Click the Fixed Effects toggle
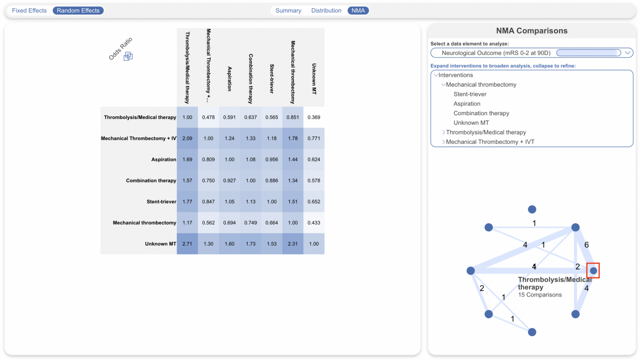[x=29, y=10]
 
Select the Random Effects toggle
[x=78, y=10]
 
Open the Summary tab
[x=288, y=10]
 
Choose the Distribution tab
[x=326, y=10]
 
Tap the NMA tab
[x=358, y=10]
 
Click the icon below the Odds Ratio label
[x=128, y=56]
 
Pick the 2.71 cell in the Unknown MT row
[x=187, y=244]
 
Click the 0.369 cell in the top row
[x=314, y=117]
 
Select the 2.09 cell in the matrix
[x=187, y=138]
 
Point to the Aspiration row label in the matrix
[x=164, y=159]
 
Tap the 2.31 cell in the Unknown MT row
[x=293, y=244]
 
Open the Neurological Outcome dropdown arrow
[x=627, y=53]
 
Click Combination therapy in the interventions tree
[x=481, y=113]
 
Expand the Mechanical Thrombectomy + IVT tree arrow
[x=443, y=142]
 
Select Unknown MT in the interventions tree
[x=471, y=123]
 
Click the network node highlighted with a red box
[x=593, y=271]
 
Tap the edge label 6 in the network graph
[x=586, y=245]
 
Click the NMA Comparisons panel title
[x=532, y=31]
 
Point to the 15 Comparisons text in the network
[x=540, y=295]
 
